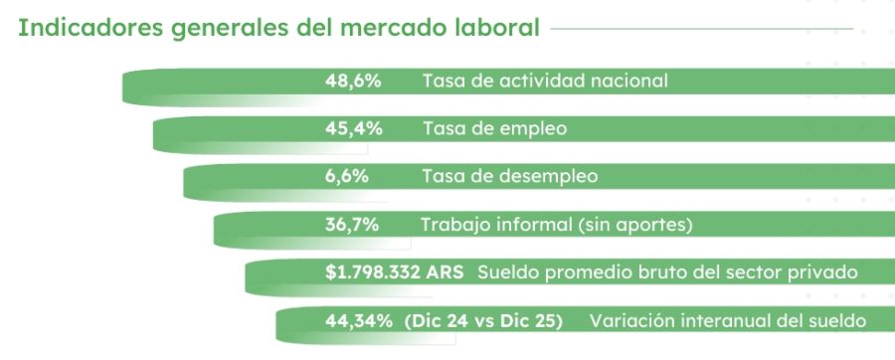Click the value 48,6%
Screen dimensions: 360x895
[353, 81]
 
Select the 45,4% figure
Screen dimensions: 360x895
[353, 128]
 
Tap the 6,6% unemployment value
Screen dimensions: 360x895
[347, 176]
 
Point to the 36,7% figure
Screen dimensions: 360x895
[352, 224]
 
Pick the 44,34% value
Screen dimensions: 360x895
[360, 320]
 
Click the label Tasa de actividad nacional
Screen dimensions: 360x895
[545, 81]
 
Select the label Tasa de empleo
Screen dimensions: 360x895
[494, 128]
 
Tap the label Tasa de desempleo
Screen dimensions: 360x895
[510, 176]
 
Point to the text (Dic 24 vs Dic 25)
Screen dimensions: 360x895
[485, 320]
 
